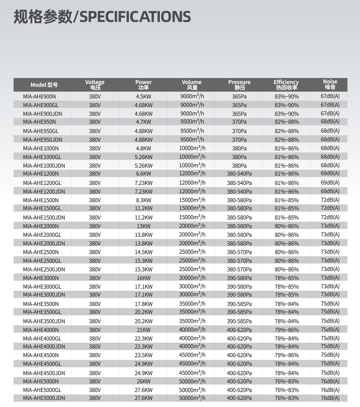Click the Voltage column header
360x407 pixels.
(x=95, y=85)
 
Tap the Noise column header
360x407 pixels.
(x=330, y=84)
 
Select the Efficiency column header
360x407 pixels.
(x=286, y=85)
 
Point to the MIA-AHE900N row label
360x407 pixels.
(x=39, y=97)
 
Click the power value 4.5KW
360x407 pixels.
(x=143, y=97)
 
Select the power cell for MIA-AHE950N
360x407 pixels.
(x=143, y=122)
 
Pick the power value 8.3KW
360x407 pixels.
(x=143, y=200)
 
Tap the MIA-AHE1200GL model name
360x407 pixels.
(x=42, y=183)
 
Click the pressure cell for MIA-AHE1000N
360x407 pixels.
(x=239, y=148)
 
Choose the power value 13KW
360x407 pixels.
(x=143, y=226)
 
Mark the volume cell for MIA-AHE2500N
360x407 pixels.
(x=192, y=252)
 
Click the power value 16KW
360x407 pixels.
(x=143, y=278)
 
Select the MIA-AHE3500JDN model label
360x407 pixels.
(x=44, y=321)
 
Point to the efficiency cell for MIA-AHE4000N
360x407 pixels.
(x=286, y=330)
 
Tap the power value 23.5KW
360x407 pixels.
(x=143, y=355)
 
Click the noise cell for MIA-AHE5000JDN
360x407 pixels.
(x=330, y=398)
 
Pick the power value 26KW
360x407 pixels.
(x=143, y=382)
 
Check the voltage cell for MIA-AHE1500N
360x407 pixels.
(x=95, y=200)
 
